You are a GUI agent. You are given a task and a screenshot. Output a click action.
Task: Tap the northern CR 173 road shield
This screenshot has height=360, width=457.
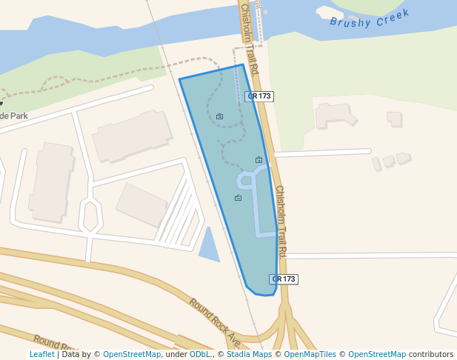pyautogui.click(x=259, y=96)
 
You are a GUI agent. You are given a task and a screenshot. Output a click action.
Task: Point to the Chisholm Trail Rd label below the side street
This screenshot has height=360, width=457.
pyautogui.click(x=281, y=221)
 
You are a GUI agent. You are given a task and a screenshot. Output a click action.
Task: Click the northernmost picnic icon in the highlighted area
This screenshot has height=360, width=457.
pyautogui.click(x=220, y=116)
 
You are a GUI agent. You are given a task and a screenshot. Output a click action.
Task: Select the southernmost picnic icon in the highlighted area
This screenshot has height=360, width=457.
pyautogui.click(x=238, y=198)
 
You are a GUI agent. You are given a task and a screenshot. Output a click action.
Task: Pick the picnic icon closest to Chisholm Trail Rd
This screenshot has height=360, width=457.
pyautogui.click(x=258, y=160)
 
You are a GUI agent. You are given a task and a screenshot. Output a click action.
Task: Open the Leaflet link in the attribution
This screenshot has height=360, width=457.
pyautogui.click(x=41, y=354)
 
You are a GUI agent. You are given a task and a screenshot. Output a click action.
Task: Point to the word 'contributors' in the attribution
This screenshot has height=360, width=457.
pyautogui.click(x=431, y=354)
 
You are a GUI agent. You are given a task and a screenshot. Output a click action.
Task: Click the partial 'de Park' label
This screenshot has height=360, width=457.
pyautogui.click(x=14, y=116)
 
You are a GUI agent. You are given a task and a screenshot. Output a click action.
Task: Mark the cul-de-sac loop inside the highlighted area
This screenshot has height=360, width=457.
pyautogui.click(x=246, y=180)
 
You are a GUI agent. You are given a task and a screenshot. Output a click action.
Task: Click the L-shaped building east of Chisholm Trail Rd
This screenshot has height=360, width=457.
pyautogui.click(x=333, y=114)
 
